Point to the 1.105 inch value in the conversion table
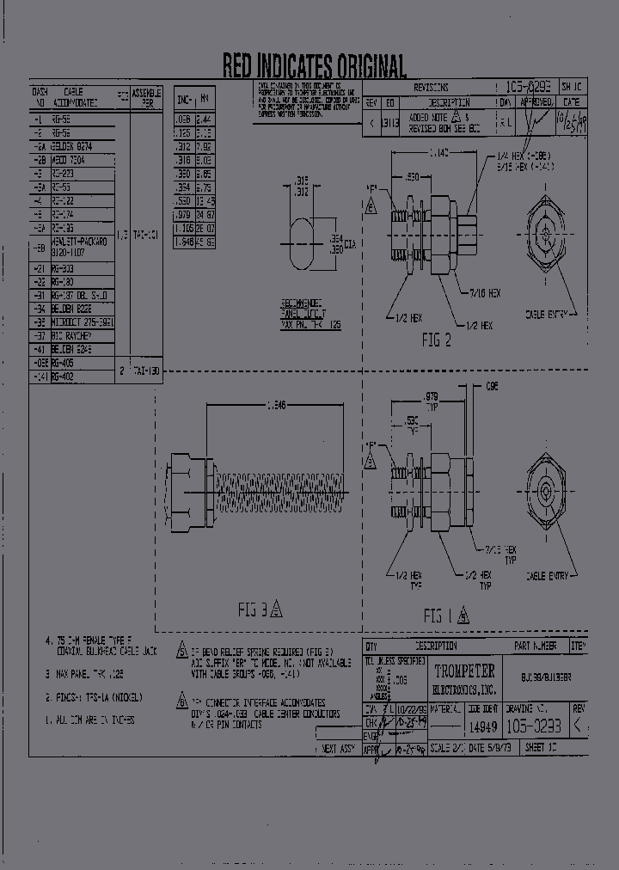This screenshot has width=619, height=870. click(x=183, y=229)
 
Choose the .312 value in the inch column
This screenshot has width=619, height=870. click(x=183, y=147)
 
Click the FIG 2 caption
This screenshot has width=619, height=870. click(x=436, y=340)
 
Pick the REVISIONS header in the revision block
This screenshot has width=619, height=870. click(x=431, y=88)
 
